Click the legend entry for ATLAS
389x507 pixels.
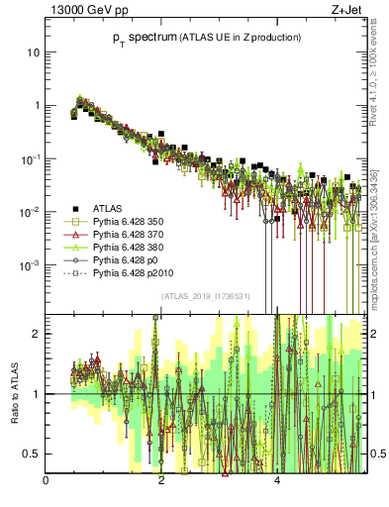click(107, 209)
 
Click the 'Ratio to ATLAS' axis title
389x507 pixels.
click(13, 393)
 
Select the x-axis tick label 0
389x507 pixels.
click(46, 482)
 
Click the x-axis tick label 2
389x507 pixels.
click(161, 482)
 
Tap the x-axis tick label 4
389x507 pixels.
click(277, 482)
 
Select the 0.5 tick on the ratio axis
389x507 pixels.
click(32, 454)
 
